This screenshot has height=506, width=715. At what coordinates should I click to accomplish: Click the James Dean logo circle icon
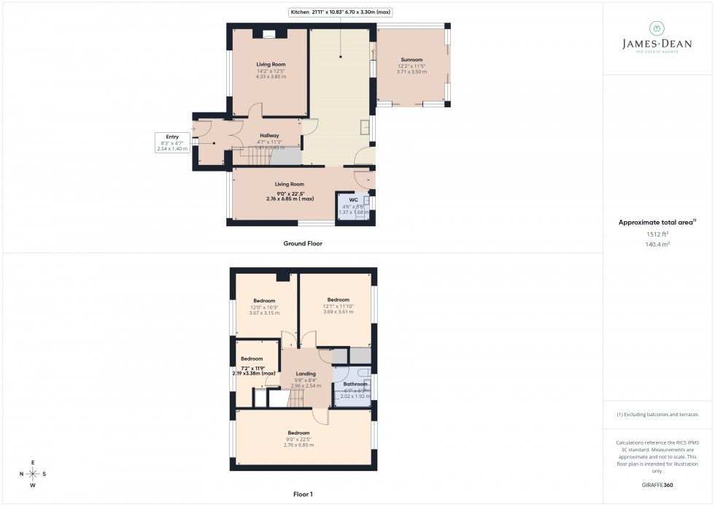657,28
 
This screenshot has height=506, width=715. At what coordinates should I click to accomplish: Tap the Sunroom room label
411,60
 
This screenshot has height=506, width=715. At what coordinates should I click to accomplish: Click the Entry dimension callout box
172,142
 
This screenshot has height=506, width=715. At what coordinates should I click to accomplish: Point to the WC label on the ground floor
353,199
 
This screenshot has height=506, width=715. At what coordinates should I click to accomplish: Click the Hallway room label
269,135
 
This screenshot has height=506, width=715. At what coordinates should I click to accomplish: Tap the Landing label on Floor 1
306,374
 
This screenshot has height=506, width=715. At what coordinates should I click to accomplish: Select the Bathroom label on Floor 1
355,384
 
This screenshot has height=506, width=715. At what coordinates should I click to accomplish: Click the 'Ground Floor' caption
303,243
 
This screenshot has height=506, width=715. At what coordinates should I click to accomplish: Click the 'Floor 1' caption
302,494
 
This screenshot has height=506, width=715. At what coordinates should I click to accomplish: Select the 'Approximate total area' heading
656,222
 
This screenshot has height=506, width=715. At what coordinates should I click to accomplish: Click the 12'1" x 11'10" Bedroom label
339,300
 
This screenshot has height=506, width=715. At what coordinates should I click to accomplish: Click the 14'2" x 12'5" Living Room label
270,64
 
